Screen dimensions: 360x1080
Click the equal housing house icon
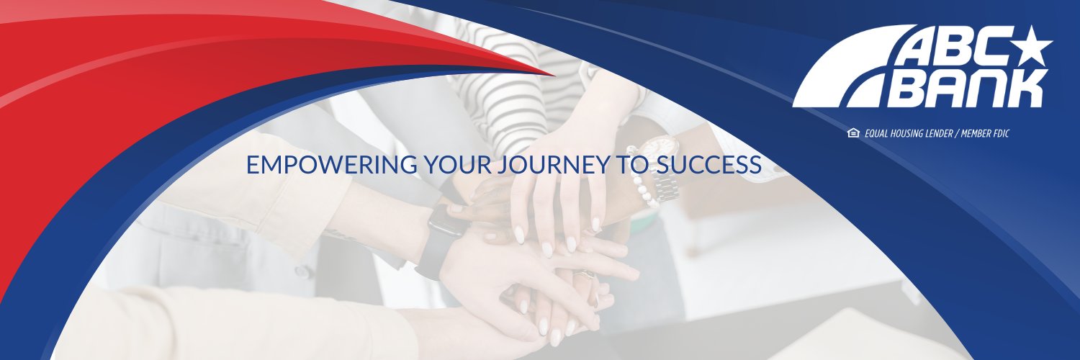point(853,133)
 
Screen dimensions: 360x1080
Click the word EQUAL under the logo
point(879,134)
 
